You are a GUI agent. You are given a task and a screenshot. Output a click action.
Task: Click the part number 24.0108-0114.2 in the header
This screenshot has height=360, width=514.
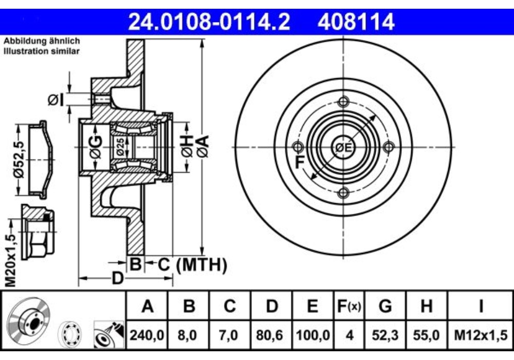209,22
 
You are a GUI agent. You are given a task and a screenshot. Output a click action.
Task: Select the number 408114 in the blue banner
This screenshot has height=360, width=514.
356,22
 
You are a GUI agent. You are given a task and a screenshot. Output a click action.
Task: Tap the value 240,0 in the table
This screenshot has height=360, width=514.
147,335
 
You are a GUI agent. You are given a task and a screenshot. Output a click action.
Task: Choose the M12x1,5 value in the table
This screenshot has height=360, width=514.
481,335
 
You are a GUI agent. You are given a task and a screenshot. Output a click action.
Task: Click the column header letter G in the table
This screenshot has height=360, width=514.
385,306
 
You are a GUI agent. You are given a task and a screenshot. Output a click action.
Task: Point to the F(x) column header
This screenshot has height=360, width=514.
349,307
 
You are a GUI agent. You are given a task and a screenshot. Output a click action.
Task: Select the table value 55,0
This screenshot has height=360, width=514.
426,335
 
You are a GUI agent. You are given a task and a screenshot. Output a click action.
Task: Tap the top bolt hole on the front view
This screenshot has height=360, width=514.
343,102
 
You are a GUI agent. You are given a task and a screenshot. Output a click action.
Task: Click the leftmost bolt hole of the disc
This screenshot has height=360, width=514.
298,147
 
